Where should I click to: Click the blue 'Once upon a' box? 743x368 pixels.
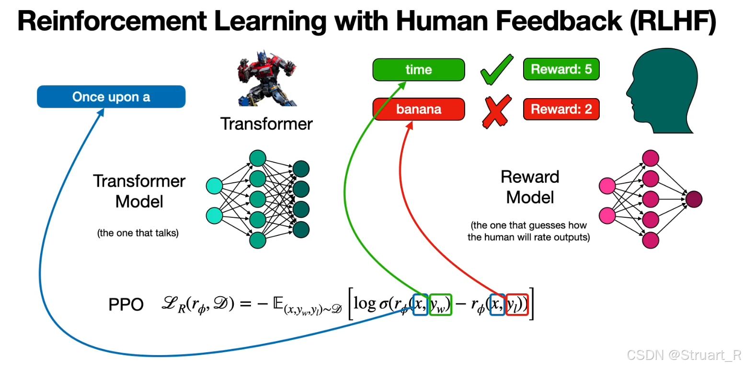pos(111,97)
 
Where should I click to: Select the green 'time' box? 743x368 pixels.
pos(418,69)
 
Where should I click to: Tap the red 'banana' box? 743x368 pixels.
pos(418,109)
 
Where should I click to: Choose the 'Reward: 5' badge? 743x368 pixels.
pos(561,69)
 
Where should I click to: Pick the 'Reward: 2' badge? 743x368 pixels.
pos(561,109)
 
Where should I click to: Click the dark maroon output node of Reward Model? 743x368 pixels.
pos(694,199)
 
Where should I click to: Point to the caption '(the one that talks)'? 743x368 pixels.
pos(137,234)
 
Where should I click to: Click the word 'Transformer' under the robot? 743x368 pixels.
pos(266,124)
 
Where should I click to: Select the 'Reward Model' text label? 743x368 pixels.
pos(530,187)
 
